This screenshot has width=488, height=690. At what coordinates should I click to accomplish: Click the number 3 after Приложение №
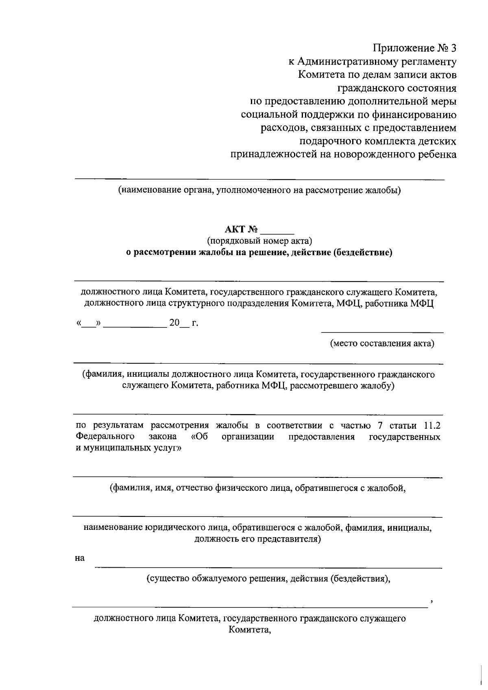click(453, 48)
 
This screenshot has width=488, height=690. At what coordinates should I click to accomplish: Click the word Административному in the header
click(346, 62)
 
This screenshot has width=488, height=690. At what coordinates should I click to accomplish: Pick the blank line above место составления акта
click(382, 333)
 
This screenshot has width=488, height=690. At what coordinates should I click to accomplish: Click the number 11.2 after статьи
click(432, 425)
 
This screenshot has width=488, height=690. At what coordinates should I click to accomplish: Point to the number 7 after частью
click(380, 425)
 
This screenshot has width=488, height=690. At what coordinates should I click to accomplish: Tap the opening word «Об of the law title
click(199, 437)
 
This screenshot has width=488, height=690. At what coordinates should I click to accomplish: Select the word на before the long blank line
click(80, 558)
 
